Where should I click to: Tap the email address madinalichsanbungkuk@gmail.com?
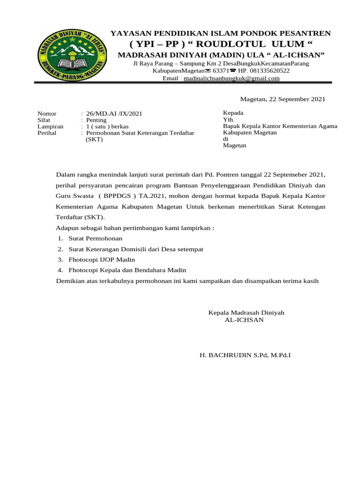tap(231, 79)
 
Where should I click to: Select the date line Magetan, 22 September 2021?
tap(282, 99)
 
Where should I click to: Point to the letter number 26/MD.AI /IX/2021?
tap(114, 114)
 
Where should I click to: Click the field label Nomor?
tap(47, 114)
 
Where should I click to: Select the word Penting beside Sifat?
tap(97, 120)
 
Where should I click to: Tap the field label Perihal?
tap(47, 133)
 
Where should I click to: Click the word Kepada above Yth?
tap(233, 113)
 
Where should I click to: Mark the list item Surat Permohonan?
tap(92, 239)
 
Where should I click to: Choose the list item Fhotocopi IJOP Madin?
tap(102, 260)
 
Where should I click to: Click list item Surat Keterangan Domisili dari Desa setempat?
tap(136, 249)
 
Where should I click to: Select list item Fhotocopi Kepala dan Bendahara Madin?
tap(127, 270)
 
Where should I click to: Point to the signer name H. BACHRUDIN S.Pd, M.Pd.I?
tap(245, 355)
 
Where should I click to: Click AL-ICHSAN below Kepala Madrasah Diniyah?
tap(244, 320)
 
